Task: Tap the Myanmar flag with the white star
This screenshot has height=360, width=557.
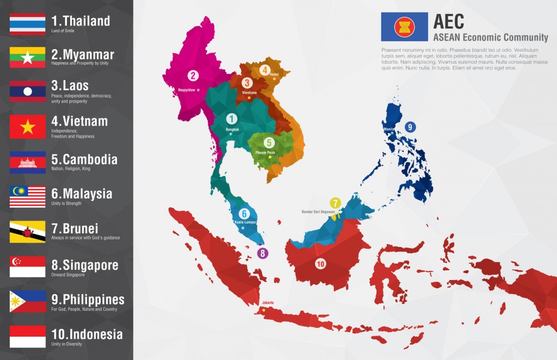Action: coord(27,58)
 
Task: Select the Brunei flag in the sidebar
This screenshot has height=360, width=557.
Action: coord(27,231)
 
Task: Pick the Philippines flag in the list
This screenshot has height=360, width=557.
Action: coord(27,302)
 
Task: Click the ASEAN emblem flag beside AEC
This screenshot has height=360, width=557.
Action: coord(404,27)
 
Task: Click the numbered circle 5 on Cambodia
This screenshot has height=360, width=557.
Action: coord(269,142)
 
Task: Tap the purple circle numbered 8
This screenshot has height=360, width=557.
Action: coord(263,253)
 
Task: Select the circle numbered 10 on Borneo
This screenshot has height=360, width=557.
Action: coord(320,264)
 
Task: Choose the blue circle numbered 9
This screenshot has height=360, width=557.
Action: coord(410,127)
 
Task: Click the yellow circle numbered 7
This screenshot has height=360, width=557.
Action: coord(336,203)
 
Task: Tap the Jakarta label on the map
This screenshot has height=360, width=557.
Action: coord(268,302)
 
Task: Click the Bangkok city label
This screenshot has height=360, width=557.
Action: coord(232,129)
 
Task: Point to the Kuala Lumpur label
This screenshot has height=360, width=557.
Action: coord(246,222)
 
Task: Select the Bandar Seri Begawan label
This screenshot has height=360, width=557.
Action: coord(318,212)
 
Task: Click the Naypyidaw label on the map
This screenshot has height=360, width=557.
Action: coord(187,90)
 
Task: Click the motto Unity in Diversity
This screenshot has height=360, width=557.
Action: coord(68,344)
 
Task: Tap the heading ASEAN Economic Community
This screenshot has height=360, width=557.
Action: coord(491,38)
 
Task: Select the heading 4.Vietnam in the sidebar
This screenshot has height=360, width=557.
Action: coord(79,121)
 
